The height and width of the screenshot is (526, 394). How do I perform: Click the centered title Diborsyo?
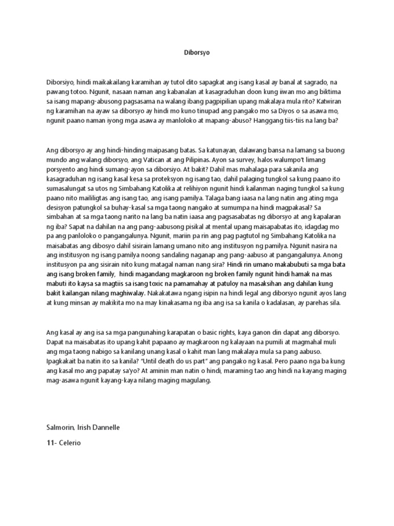click(197, 52)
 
